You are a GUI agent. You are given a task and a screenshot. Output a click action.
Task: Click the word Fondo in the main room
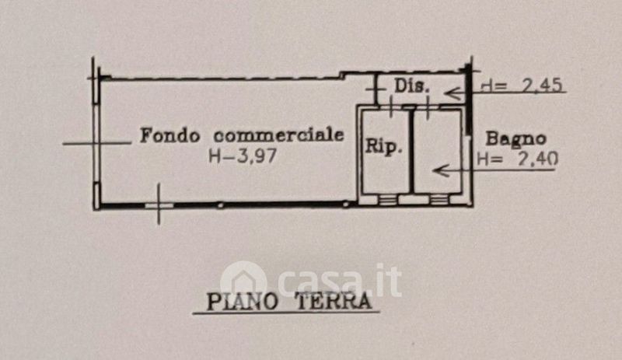click(x=170, y=135)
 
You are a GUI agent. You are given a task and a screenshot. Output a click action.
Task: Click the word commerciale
click(x=278, y=135)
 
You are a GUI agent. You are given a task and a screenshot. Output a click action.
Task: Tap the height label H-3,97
click(x=243, y=156)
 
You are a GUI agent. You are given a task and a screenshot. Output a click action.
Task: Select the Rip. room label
click(x=383, y=145)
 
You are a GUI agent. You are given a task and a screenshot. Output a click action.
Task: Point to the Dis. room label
click(x=411, y=86)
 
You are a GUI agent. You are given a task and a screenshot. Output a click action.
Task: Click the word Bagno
click(x=515, y=139)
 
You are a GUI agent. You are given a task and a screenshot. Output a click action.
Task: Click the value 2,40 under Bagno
click(x=538, y=159)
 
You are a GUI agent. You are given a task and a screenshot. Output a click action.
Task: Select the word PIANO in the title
click(x=242, y=302)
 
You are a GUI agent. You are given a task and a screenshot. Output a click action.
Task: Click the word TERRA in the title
click(x=334, y=301)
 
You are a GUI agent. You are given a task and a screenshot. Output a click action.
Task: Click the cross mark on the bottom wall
click(x=159, y=204)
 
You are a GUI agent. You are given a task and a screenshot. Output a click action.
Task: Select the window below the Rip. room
click(x=387, y=199)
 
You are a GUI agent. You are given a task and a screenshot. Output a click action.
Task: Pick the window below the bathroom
click(x=439, y=199)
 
